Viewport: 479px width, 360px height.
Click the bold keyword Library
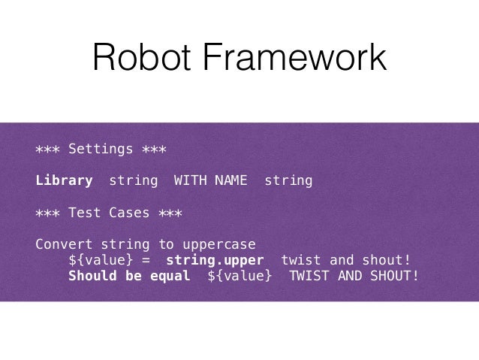[64, 180]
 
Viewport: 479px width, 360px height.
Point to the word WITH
[191, 180]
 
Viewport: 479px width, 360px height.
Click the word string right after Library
[134, 180]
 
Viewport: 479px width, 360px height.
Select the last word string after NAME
[288, 180]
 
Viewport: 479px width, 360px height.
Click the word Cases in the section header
[129, 213]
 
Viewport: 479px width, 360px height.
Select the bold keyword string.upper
[215, 261]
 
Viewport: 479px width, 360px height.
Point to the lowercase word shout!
[386, 261]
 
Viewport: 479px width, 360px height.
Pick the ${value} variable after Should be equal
[239, 276]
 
